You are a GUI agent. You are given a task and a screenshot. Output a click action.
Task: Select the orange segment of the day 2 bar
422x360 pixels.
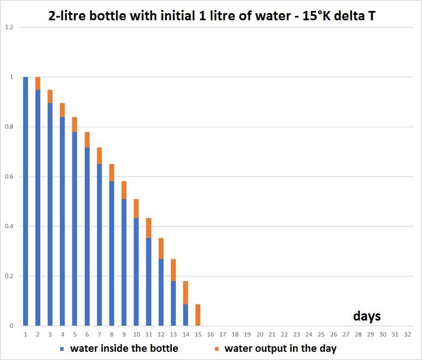(38, 83)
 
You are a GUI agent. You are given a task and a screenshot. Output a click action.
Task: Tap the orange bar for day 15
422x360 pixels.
(198, 315)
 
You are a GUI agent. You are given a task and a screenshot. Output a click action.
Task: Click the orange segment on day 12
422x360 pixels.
(161, 248)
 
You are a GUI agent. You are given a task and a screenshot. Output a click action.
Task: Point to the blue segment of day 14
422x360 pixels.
(186, 315)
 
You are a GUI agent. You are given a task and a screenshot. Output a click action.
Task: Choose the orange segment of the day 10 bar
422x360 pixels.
(136, 208)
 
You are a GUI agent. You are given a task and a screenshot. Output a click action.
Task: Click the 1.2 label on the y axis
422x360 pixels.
(9, 27)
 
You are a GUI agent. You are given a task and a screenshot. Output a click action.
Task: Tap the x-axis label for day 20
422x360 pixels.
(259, 334)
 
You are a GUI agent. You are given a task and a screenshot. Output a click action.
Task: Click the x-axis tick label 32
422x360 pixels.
(407, 334)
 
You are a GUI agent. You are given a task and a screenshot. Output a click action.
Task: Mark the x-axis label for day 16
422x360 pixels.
(210, 334)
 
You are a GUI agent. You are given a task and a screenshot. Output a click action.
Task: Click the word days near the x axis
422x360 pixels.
(367, 316)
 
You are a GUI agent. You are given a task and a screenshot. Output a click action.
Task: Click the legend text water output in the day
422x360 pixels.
(280, 348)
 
